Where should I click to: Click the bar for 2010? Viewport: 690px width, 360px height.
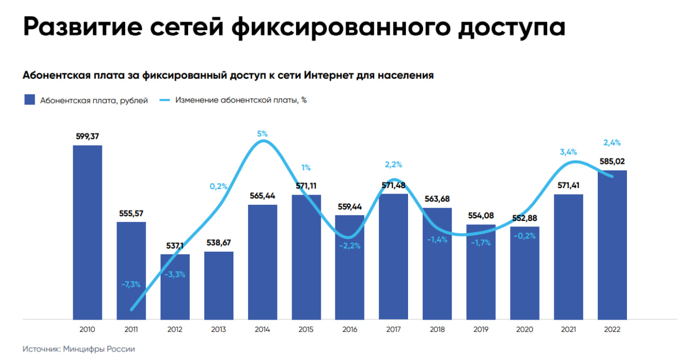pos(87,232)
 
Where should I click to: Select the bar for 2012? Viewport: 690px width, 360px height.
pos(175,286)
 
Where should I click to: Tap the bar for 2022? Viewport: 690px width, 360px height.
pos(612,245)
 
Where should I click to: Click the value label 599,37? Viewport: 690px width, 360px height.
pos(87,136)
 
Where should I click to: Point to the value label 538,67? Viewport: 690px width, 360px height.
pos(219,243)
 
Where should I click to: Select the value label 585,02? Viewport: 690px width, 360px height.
pos(612,161)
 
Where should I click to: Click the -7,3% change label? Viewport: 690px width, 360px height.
pos(130,284)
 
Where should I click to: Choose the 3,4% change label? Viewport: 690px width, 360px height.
pos(568,152)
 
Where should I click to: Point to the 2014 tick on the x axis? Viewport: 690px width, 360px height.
pos(263,330)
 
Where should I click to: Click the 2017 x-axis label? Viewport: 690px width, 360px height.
pos(394,330)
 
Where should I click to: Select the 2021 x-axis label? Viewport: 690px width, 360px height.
pos(569,330)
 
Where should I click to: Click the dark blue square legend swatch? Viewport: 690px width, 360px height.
pos(30,100)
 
